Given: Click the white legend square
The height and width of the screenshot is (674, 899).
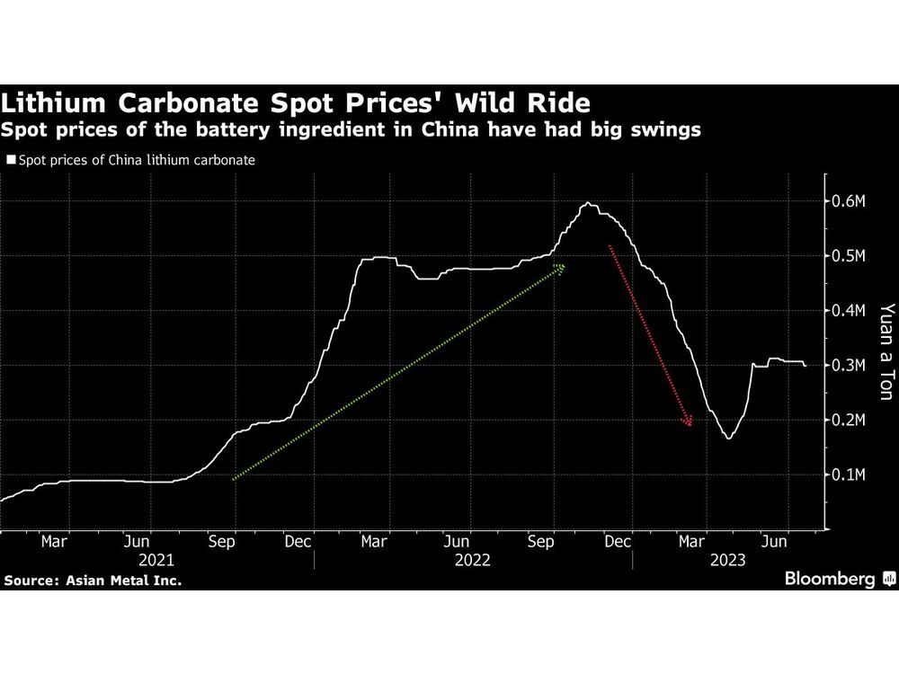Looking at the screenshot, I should pyautogui.click(x=11, y=161).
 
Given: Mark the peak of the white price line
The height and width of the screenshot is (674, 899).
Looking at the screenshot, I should pyautogui.click(x=588, y=203).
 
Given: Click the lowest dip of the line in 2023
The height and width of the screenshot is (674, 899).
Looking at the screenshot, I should pyautogui.click(x=727, y=438).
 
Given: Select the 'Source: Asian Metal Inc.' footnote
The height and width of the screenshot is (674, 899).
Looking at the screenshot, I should pyautogui.click(x=93, y=581).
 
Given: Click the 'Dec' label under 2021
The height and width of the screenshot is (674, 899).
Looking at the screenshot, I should pyautogui.click(x=298, y=542).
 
